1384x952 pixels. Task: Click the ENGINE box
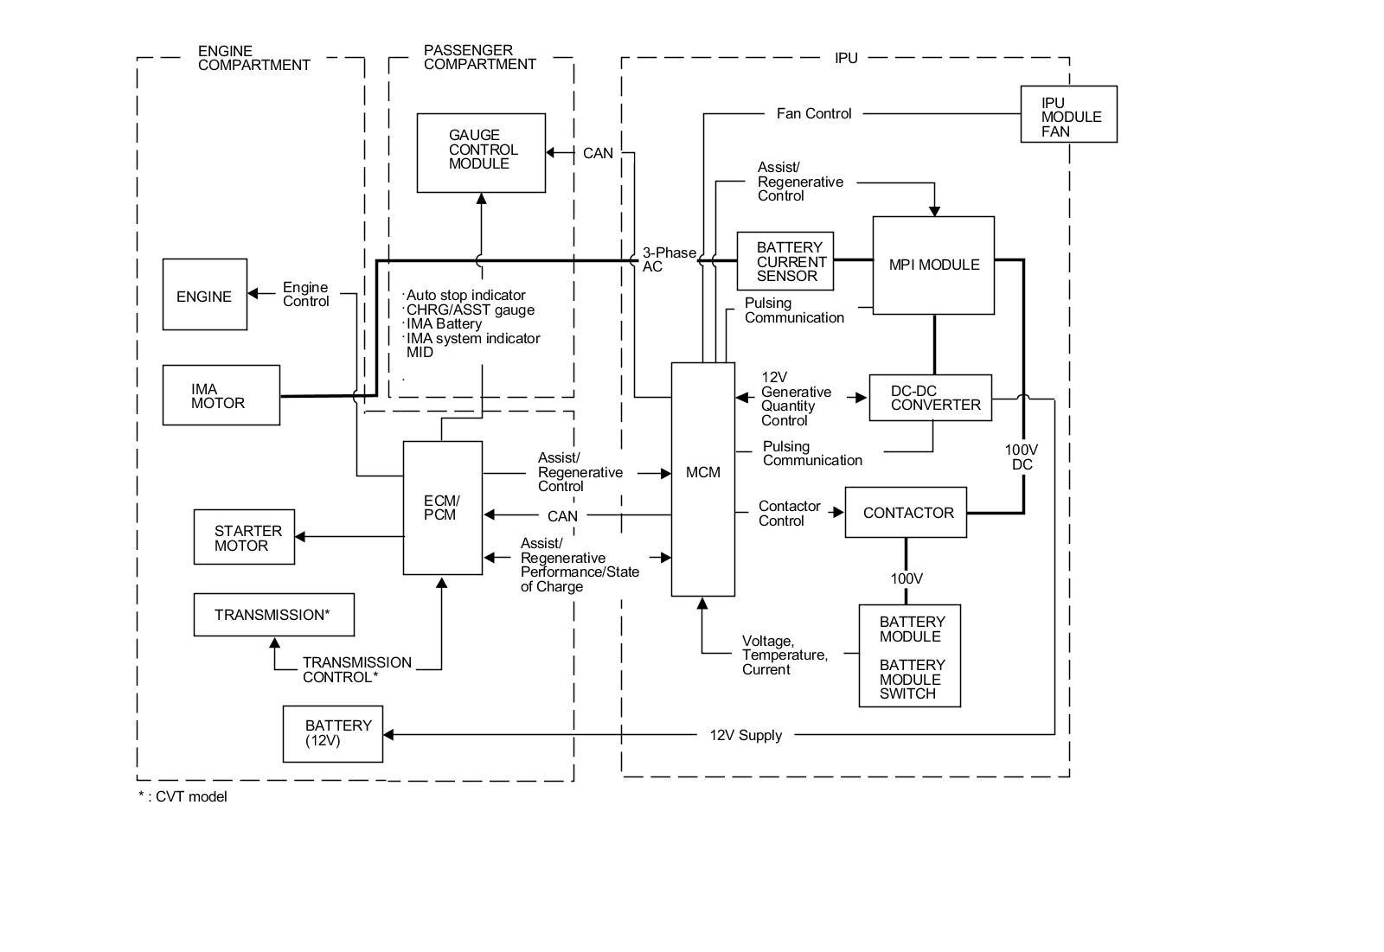point(204,294)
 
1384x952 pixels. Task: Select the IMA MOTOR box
point(221,395)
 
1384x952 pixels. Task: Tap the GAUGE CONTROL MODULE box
point(481,152)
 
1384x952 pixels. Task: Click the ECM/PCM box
point(442,508)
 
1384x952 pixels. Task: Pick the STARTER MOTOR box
point(244,537)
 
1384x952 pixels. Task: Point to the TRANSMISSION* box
point(273,615)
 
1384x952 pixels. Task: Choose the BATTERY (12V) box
point(332,734)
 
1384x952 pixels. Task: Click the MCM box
point(702,479)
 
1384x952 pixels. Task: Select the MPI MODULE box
point(933,265)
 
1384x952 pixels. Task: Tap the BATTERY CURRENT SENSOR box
point(785,261)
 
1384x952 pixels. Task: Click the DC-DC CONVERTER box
point(930,398)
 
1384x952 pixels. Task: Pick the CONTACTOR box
point(905,512)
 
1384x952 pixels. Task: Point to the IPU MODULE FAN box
point(1068,114)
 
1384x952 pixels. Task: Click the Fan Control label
point(814,113)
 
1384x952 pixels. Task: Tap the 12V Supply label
point(746,735)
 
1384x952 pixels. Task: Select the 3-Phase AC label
point(670,259)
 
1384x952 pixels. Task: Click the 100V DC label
point(1022,457)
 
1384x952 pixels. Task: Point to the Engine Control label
point(306,294)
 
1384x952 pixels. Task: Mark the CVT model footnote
point(183,797)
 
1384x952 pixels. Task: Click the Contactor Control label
point(789,514)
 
